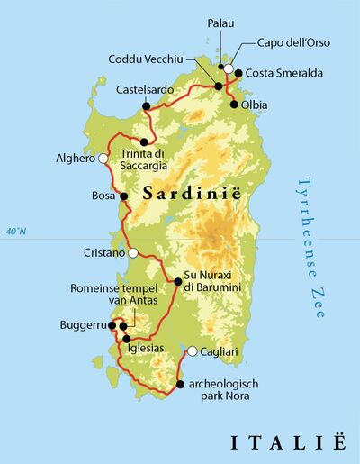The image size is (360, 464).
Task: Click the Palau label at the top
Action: click(221, 23)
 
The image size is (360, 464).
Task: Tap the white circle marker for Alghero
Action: click(103, 159)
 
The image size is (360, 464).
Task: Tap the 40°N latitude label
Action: click(16, 232)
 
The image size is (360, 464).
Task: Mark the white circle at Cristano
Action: click(133, 253)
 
